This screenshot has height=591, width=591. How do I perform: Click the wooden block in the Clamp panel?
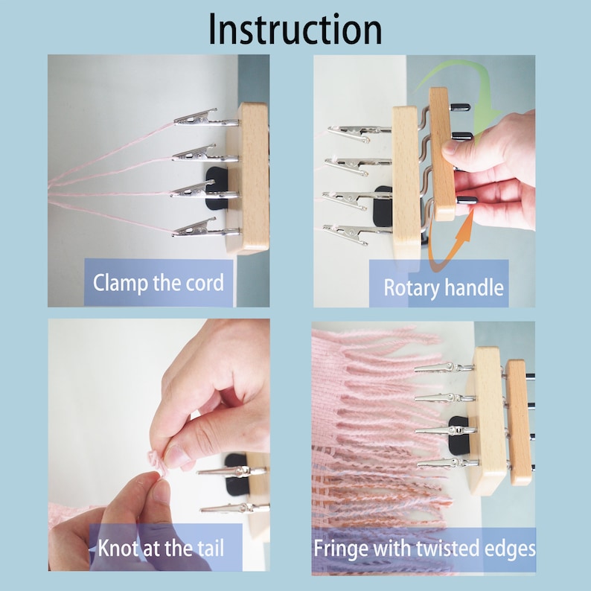coord(249,179)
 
